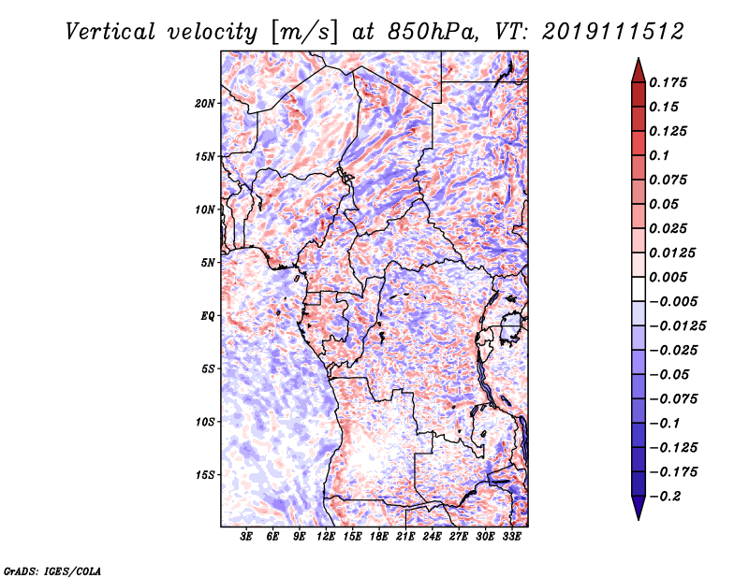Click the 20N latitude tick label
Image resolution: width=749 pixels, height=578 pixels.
[205, 103]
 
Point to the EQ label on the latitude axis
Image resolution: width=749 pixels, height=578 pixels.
[208, 316]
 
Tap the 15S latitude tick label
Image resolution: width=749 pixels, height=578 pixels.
[205, 475]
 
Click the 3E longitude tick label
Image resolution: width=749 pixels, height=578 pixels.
[247, 537]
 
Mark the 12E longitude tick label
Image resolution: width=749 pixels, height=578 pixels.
[327, 537]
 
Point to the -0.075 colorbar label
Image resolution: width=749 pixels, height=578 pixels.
[678, 398]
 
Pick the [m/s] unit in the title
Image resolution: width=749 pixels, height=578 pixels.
[301, 31]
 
